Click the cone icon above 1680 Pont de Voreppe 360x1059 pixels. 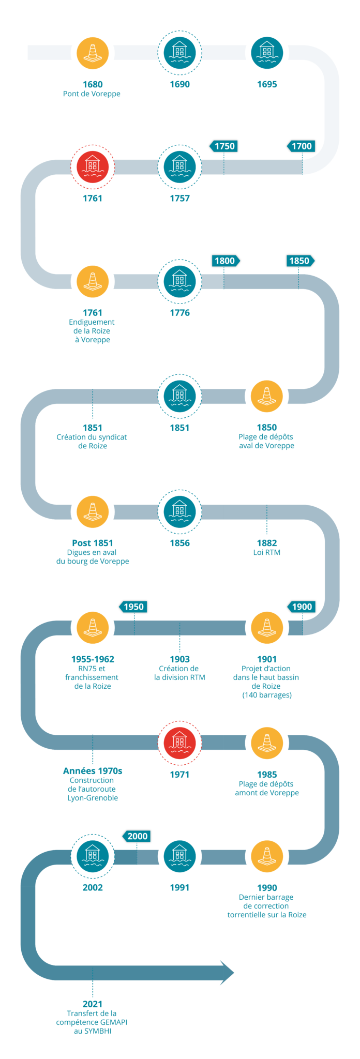tap(93, 52)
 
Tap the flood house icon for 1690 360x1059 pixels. tap(179, 52)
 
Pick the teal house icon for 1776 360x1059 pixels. tap(179, 281)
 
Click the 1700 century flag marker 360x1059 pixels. tap(302, 146)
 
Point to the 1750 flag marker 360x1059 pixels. tap(224, 146)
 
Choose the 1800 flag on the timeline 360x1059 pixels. tap(225, 261)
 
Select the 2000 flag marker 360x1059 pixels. tap(137, 836)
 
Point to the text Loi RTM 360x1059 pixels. tap(267, 552)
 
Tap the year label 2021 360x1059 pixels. tap(93, 1004)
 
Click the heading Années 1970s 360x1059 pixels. tap(93, 771)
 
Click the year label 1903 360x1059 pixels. tap(179, 659)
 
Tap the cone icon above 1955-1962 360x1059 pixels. tap(93, 627)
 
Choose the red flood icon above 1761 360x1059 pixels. tap(93, 167)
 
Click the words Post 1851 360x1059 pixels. tap(93, 543)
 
